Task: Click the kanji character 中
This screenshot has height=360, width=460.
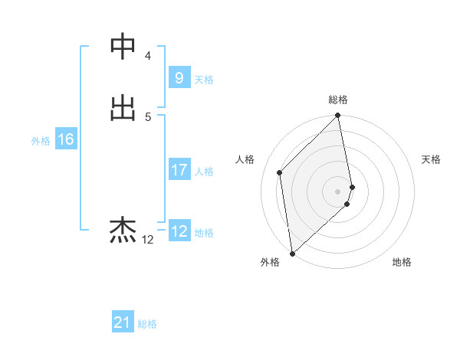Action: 123,47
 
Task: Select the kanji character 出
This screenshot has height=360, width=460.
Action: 123,108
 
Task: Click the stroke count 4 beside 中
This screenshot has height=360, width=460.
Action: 148,56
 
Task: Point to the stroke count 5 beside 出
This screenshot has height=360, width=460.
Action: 148,116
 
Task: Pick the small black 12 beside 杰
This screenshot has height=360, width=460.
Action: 147,240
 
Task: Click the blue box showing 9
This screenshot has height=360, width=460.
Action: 179,78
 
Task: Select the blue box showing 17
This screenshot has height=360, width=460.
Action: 179,170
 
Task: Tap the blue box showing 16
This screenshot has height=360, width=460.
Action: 65,140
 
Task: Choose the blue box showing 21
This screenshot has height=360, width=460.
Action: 123,323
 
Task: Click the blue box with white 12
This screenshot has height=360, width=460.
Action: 179,231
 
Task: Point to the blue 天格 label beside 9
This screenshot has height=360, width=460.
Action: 204,80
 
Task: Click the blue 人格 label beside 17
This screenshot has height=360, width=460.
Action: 204,172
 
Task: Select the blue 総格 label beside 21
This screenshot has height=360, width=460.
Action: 147,325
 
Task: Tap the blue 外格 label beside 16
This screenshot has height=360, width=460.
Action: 41,141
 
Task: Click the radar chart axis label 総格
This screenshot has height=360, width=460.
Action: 338,100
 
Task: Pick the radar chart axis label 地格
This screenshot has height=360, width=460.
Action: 402,263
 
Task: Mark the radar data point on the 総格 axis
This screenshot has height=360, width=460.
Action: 338,116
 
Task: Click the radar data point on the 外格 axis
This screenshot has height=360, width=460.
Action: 292,254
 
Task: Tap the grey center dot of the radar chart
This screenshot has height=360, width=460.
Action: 338,191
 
